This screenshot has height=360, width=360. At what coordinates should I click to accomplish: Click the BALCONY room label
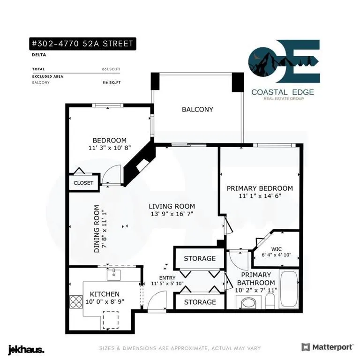click(x=197, y=109)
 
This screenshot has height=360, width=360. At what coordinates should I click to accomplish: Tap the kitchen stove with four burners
click(x=76, y=302)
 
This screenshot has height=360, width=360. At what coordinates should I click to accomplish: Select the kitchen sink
click(x=113, y=275)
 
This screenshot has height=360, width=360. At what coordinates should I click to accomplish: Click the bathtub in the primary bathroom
click(x=289, y=289)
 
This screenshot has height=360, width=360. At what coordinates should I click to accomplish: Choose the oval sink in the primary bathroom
click(x=248, y=303)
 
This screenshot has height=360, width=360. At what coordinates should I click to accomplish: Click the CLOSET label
click(x=83, y=183)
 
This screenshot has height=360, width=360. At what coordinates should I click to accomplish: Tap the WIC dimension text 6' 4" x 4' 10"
click(x=277, y=255)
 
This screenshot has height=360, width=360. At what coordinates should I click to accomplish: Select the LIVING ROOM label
click(x=172, y=206)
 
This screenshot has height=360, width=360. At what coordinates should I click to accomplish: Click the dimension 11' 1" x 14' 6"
click(x=260, y=196)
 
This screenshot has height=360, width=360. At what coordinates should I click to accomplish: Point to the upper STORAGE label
click(x=200, y=259)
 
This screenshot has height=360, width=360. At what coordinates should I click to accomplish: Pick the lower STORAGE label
click(x=200, y=302)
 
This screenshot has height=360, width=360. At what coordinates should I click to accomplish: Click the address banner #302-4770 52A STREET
click(x=82, y=44)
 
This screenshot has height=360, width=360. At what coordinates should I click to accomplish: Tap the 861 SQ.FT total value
click(x=111, y=69)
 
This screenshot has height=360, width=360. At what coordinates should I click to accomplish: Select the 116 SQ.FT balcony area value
click(x=112, y=82)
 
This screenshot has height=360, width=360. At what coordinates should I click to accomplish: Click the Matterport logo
click(x=328, y=347)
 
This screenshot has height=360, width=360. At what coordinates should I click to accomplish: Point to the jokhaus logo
click(x=26, y=349)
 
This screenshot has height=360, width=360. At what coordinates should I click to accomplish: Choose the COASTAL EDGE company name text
click(x=283, y=92)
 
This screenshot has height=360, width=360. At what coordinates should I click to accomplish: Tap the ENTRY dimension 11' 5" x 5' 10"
click(x=167, y=284)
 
